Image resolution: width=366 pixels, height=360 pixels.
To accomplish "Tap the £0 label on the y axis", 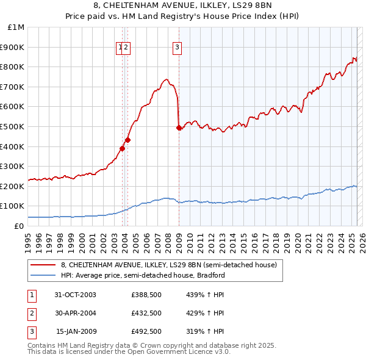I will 20,226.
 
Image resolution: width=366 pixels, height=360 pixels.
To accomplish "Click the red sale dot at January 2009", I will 179,128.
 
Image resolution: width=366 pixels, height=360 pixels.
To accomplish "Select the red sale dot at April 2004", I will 128,140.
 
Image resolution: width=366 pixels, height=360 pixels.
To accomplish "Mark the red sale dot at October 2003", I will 123,148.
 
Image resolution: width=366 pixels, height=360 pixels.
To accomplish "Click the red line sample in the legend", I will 43,265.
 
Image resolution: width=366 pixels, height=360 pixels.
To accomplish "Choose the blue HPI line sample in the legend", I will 43,275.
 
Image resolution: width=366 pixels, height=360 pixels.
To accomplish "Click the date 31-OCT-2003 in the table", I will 75,295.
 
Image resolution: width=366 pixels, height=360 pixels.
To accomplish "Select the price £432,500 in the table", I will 146,313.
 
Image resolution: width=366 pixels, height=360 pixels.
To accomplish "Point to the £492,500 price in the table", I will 146,332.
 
